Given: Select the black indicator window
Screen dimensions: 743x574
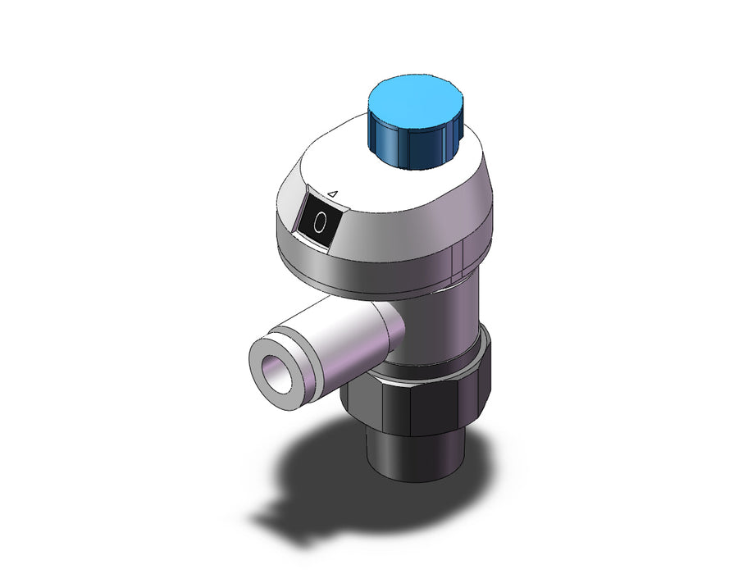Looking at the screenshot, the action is [319, 220].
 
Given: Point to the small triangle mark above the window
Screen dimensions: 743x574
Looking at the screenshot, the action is [333, 194].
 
